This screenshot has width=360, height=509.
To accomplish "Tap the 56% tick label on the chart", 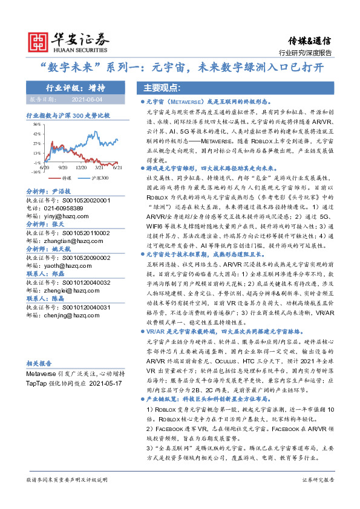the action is coord(37,123).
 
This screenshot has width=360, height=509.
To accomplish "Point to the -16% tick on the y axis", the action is coord(36,172).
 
